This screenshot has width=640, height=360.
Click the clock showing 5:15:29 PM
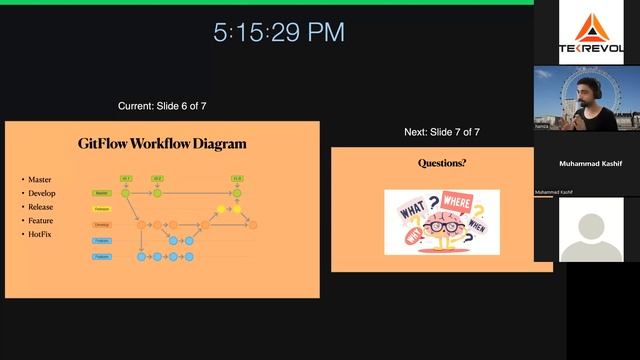pos(278,32)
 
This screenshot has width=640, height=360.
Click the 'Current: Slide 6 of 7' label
pos(162,106)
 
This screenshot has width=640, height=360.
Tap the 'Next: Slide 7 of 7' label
pos(441,132)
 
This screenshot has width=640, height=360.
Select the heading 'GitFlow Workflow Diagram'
pos(162,143)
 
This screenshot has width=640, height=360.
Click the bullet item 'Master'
pos(40,180)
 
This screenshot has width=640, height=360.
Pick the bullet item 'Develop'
pos(42,193)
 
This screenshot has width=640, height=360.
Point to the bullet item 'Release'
pos(41,207)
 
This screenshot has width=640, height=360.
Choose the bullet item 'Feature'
pos(41,220)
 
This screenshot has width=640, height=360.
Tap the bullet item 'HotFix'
pos(40,234)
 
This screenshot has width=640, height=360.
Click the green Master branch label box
pos(102,193)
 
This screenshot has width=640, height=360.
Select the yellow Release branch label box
pos(102,209)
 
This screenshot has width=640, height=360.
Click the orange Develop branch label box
pos(102,225)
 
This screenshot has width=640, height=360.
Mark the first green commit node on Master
pos(127,193)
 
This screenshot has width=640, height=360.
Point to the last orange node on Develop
pos(253,225)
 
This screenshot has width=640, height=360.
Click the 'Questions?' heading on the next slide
pos(441,163)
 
